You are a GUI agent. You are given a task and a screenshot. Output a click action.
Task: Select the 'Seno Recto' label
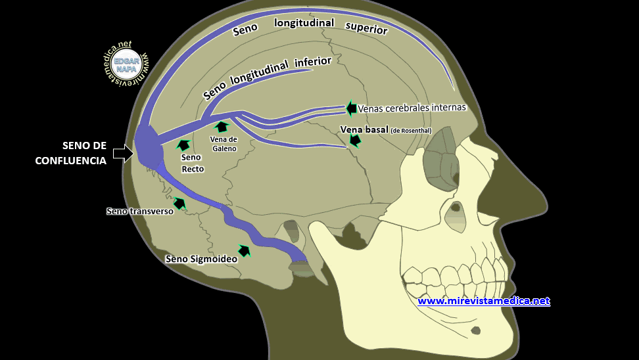click(x=193, y=163)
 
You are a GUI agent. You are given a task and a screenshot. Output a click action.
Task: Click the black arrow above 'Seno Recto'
click(x=183, y=145)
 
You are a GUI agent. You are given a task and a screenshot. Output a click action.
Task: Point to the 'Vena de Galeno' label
click(x=224, y=143)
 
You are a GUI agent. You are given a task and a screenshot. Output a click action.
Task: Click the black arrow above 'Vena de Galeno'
click(x=222, y=127)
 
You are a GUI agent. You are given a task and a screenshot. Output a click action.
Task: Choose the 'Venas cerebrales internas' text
click(x=412, y=107)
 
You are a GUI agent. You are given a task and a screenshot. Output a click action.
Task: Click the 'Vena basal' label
click(x=364, y=129)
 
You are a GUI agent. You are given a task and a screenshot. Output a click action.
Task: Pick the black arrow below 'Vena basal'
click(x=355, y=140)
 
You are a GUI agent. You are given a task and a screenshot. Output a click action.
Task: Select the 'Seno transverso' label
click(x=139, y=211)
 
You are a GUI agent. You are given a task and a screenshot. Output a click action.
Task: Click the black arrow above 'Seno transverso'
click(x=179, y=203)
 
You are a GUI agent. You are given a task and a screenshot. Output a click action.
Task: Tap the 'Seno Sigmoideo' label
click(x=201, y=259)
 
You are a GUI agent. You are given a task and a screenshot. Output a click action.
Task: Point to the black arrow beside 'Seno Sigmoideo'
click(x=245, y=250)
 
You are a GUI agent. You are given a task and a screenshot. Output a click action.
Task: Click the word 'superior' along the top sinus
click(x=366, y=27)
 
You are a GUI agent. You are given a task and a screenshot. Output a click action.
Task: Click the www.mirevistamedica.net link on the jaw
click(x=483, y=301)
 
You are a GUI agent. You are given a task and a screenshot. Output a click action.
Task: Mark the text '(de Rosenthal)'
click(x=411, y=130)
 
